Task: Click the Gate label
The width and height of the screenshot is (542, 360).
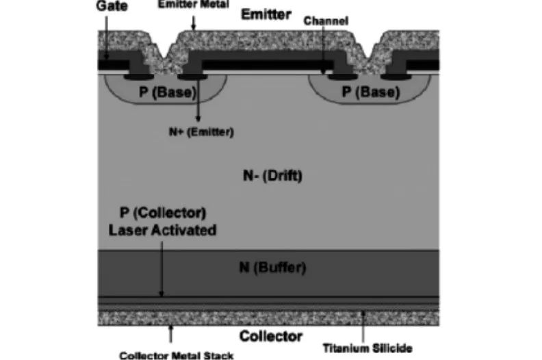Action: (x=112, y=6)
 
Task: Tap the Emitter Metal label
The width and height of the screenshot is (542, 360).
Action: (x=194, y=5)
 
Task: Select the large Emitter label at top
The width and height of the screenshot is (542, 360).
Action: (x=266, y=14)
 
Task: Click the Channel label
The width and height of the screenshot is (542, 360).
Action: (x=326, y=21)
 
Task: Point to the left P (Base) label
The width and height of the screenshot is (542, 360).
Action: (x=168, y=92)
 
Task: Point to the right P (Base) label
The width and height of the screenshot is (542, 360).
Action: (x=371, y=92)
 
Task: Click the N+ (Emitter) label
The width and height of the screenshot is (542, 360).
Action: (x=201, y=132)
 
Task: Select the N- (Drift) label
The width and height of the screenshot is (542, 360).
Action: (x=272, y=176)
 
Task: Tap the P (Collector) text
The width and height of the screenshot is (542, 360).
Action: (x=163, y=213)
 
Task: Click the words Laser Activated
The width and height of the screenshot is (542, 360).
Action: (x=162, y=231)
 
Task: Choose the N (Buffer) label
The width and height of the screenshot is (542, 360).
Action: (x=272, y=268)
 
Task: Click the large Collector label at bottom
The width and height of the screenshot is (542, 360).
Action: (x=271, y=336)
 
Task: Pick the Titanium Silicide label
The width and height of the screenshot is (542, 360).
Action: (x=367, y=348)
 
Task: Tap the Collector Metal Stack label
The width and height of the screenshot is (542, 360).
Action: (x=177, y=355)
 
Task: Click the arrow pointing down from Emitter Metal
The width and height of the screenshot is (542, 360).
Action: (x=194, y=23)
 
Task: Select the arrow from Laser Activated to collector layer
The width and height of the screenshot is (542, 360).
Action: (x=162, y=269)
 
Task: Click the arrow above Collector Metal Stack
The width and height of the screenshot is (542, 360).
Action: (x=170, y=334)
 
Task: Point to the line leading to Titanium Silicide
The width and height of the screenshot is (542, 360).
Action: (x=363, y=326)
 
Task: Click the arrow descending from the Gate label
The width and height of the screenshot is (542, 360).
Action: (x=107, y=38)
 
